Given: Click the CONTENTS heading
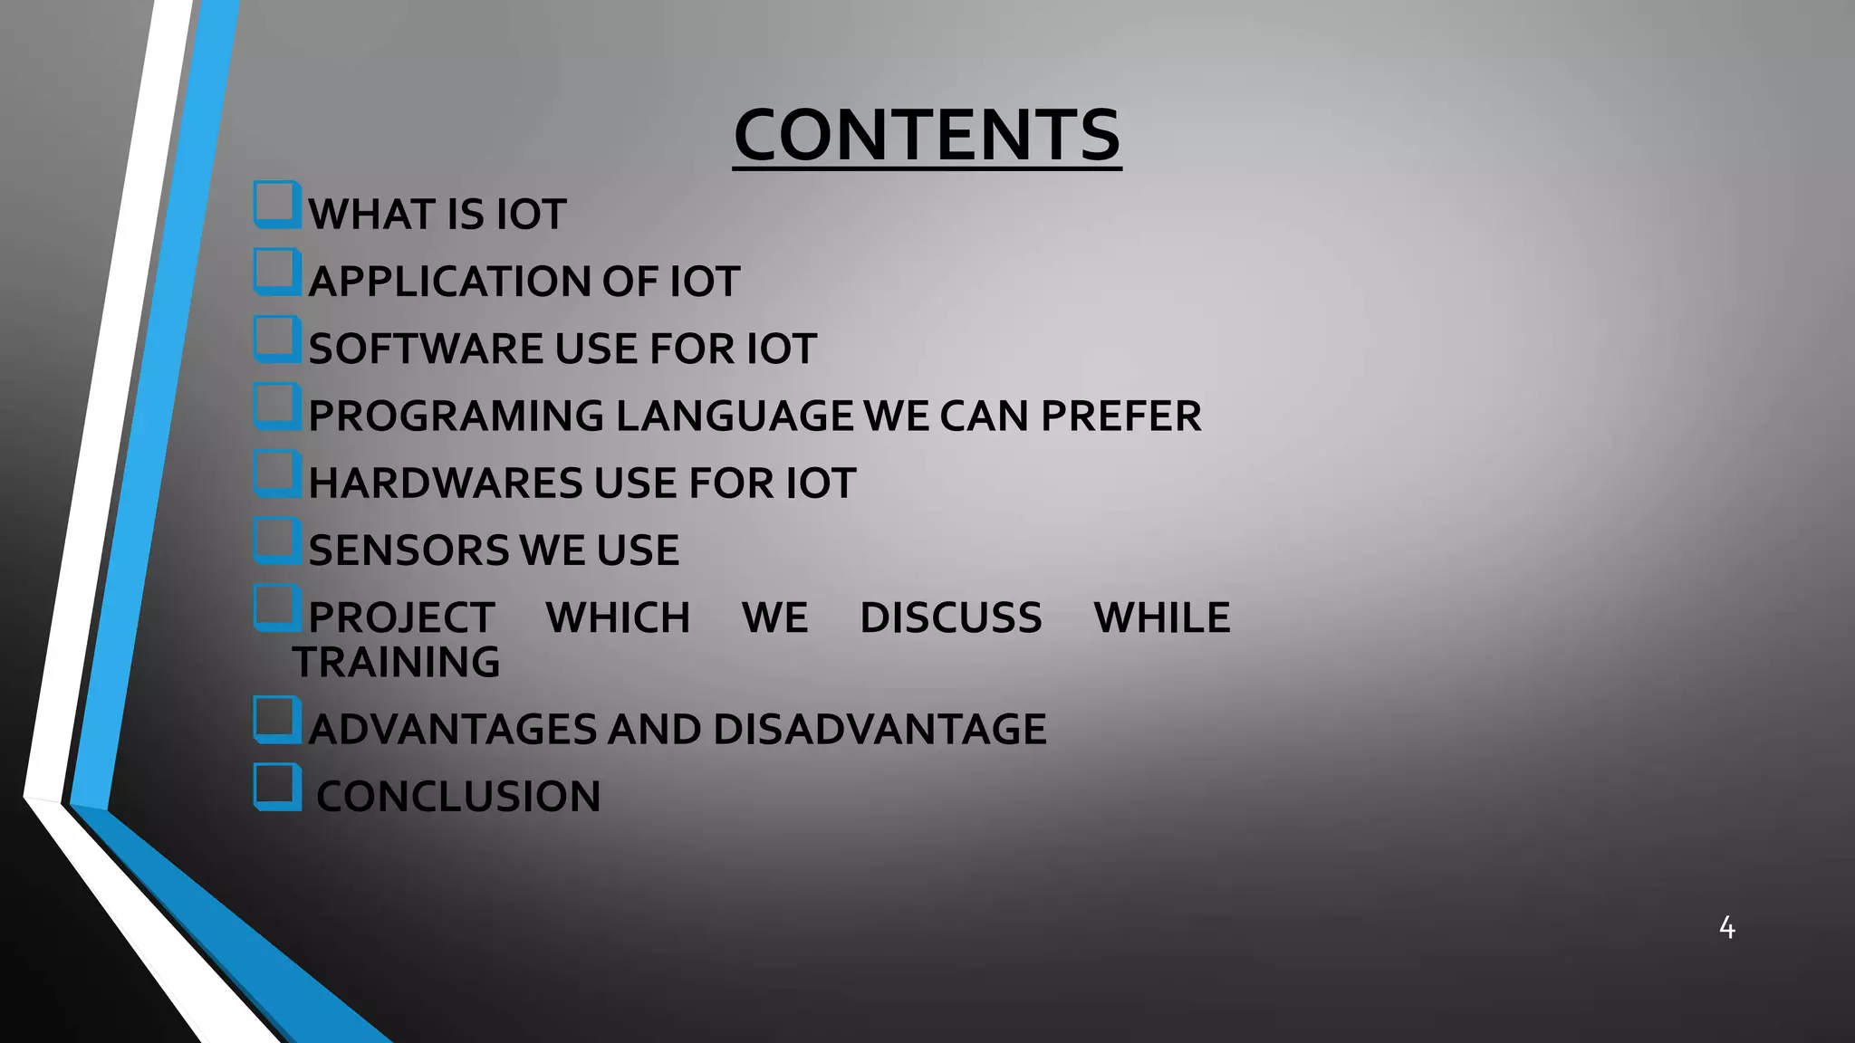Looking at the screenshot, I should pos(927,135).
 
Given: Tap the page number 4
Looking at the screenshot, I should pos(1726,927).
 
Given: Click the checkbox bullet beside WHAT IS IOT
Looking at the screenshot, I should pos(276,205).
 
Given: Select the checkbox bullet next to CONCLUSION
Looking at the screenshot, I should pos(276,786).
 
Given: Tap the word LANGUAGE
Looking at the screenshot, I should pos(735,416).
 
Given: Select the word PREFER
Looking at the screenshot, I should pos(1120,416).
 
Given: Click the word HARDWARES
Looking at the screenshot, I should pos(445,483).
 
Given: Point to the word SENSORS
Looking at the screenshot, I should pos(408,550).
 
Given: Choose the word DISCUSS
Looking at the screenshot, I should pos(950,618).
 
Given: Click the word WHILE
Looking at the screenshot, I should pos(1161,618).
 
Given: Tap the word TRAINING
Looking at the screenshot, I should pos(396,662).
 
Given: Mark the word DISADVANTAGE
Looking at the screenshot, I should pos(879,730).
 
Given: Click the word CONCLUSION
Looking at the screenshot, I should pos(458,797).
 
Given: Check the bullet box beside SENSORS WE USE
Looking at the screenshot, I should pos(276,541).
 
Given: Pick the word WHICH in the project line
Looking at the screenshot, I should pos(618,618).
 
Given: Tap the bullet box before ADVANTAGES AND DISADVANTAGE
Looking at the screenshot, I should pos(276,720).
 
